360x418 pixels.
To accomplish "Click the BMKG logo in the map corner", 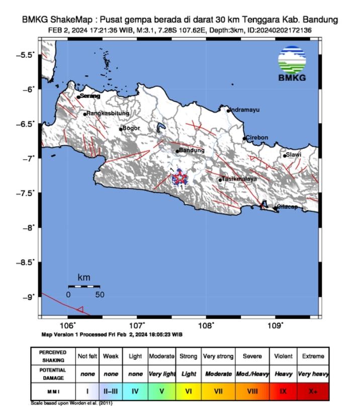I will [292, 63].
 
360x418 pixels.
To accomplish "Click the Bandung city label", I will [192, 150].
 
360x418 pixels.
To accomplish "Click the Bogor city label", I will [131, 128].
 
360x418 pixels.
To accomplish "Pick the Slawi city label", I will [294, 155].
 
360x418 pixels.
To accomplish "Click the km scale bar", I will [84, 286].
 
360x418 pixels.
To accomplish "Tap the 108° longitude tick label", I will [206, 325].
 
